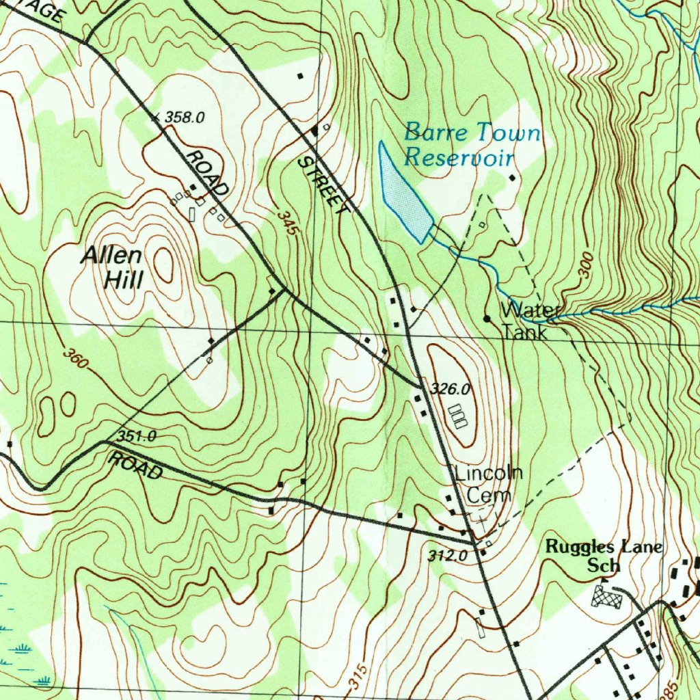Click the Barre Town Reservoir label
(x=472, y=144)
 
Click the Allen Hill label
(x=113, y=267)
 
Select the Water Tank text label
(x=528, y=321)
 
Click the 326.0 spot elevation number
(x=451, y=389)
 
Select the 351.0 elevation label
(x=137, y=435)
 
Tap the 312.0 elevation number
(x=448, y=556)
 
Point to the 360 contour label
(x=75, y=358)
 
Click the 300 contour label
(x=585, y=265)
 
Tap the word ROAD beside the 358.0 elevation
(x=208, y=172)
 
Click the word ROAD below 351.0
(x=137, y=466)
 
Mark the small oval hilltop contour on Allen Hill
(x=164, y=265)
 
